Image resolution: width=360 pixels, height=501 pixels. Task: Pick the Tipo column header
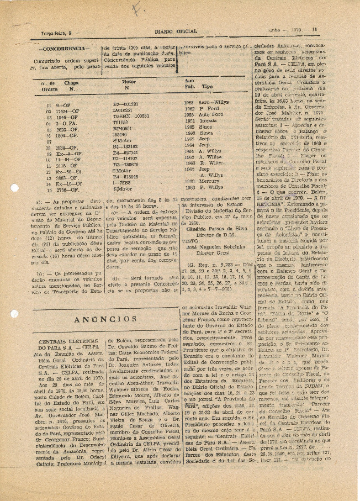tap(207, 87)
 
